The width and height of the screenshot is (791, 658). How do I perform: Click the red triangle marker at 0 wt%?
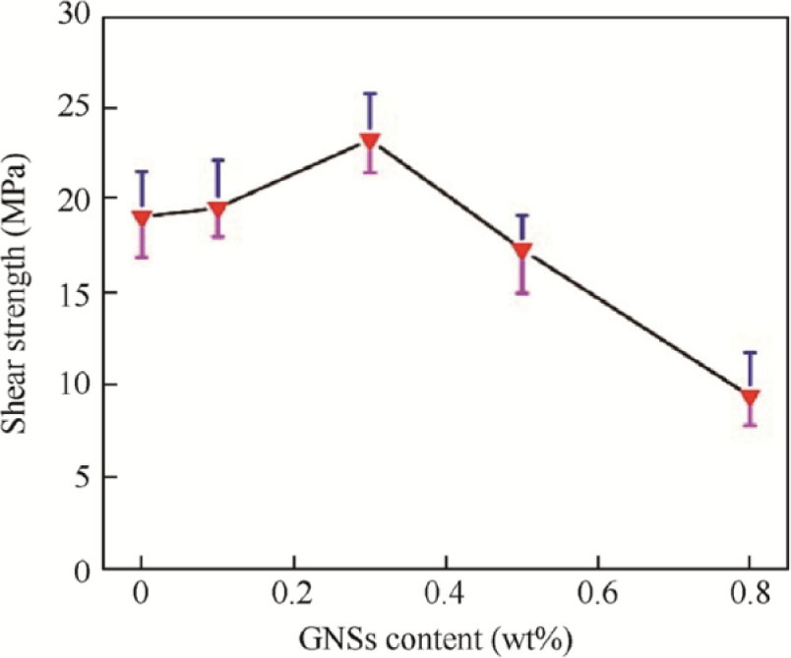pyautogui.click(x=142, y=217)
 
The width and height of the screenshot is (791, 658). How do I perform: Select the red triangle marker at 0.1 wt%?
pyautogui.click(x=217, y=209)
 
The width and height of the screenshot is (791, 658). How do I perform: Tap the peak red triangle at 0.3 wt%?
pyautogui.click(x=370, y=141)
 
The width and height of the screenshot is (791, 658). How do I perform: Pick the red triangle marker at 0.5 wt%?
pyautogui.click(x=522, y=250)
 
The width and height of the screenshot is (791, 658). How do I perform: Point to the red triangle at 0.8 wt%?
pyautogui.click(x=750, y=397)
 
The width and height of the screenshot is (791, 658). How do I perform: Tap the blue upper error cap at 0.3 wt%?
pyautogui.click(x=370, y=93)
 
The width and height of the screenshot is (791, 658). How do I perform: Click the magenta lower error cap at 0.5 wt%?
pyautogui.click(x=522, y=293)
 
